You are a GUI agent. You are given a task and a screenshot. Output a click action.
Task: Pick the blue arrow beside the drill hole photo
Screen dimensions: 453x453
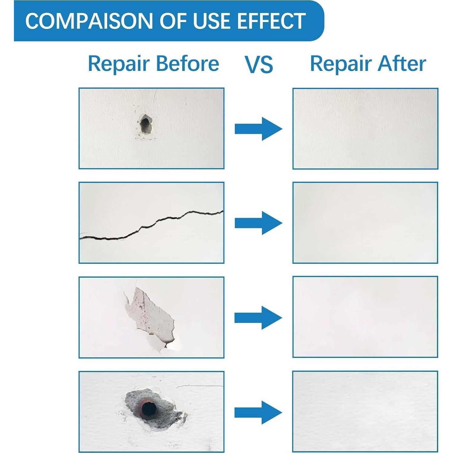[x=258, y=129]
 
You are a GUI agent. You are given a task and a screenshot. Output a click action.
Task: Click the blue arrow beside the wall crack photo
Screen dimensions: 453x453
[x=258, y=223]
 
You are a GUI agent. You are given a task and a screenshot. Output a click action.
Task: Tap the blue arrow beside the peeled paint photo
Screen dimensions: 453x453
[x=258, y=318]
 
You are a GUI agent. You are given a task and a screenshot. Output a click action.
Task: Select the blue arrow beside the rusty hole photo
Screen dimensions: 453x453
[x=258, y=412]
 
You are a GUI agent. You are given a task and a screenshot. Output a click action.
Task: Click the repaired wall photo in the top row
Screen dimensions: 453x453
[x=365, y=129]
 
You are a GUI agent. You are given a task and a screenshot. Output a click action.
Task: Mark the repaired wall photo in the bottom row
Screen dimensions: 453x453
[x=365, y=412]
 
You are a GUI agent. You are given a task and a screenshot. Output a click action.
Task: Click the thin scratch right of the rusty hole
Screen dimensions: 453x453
[x=200, y=386]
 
